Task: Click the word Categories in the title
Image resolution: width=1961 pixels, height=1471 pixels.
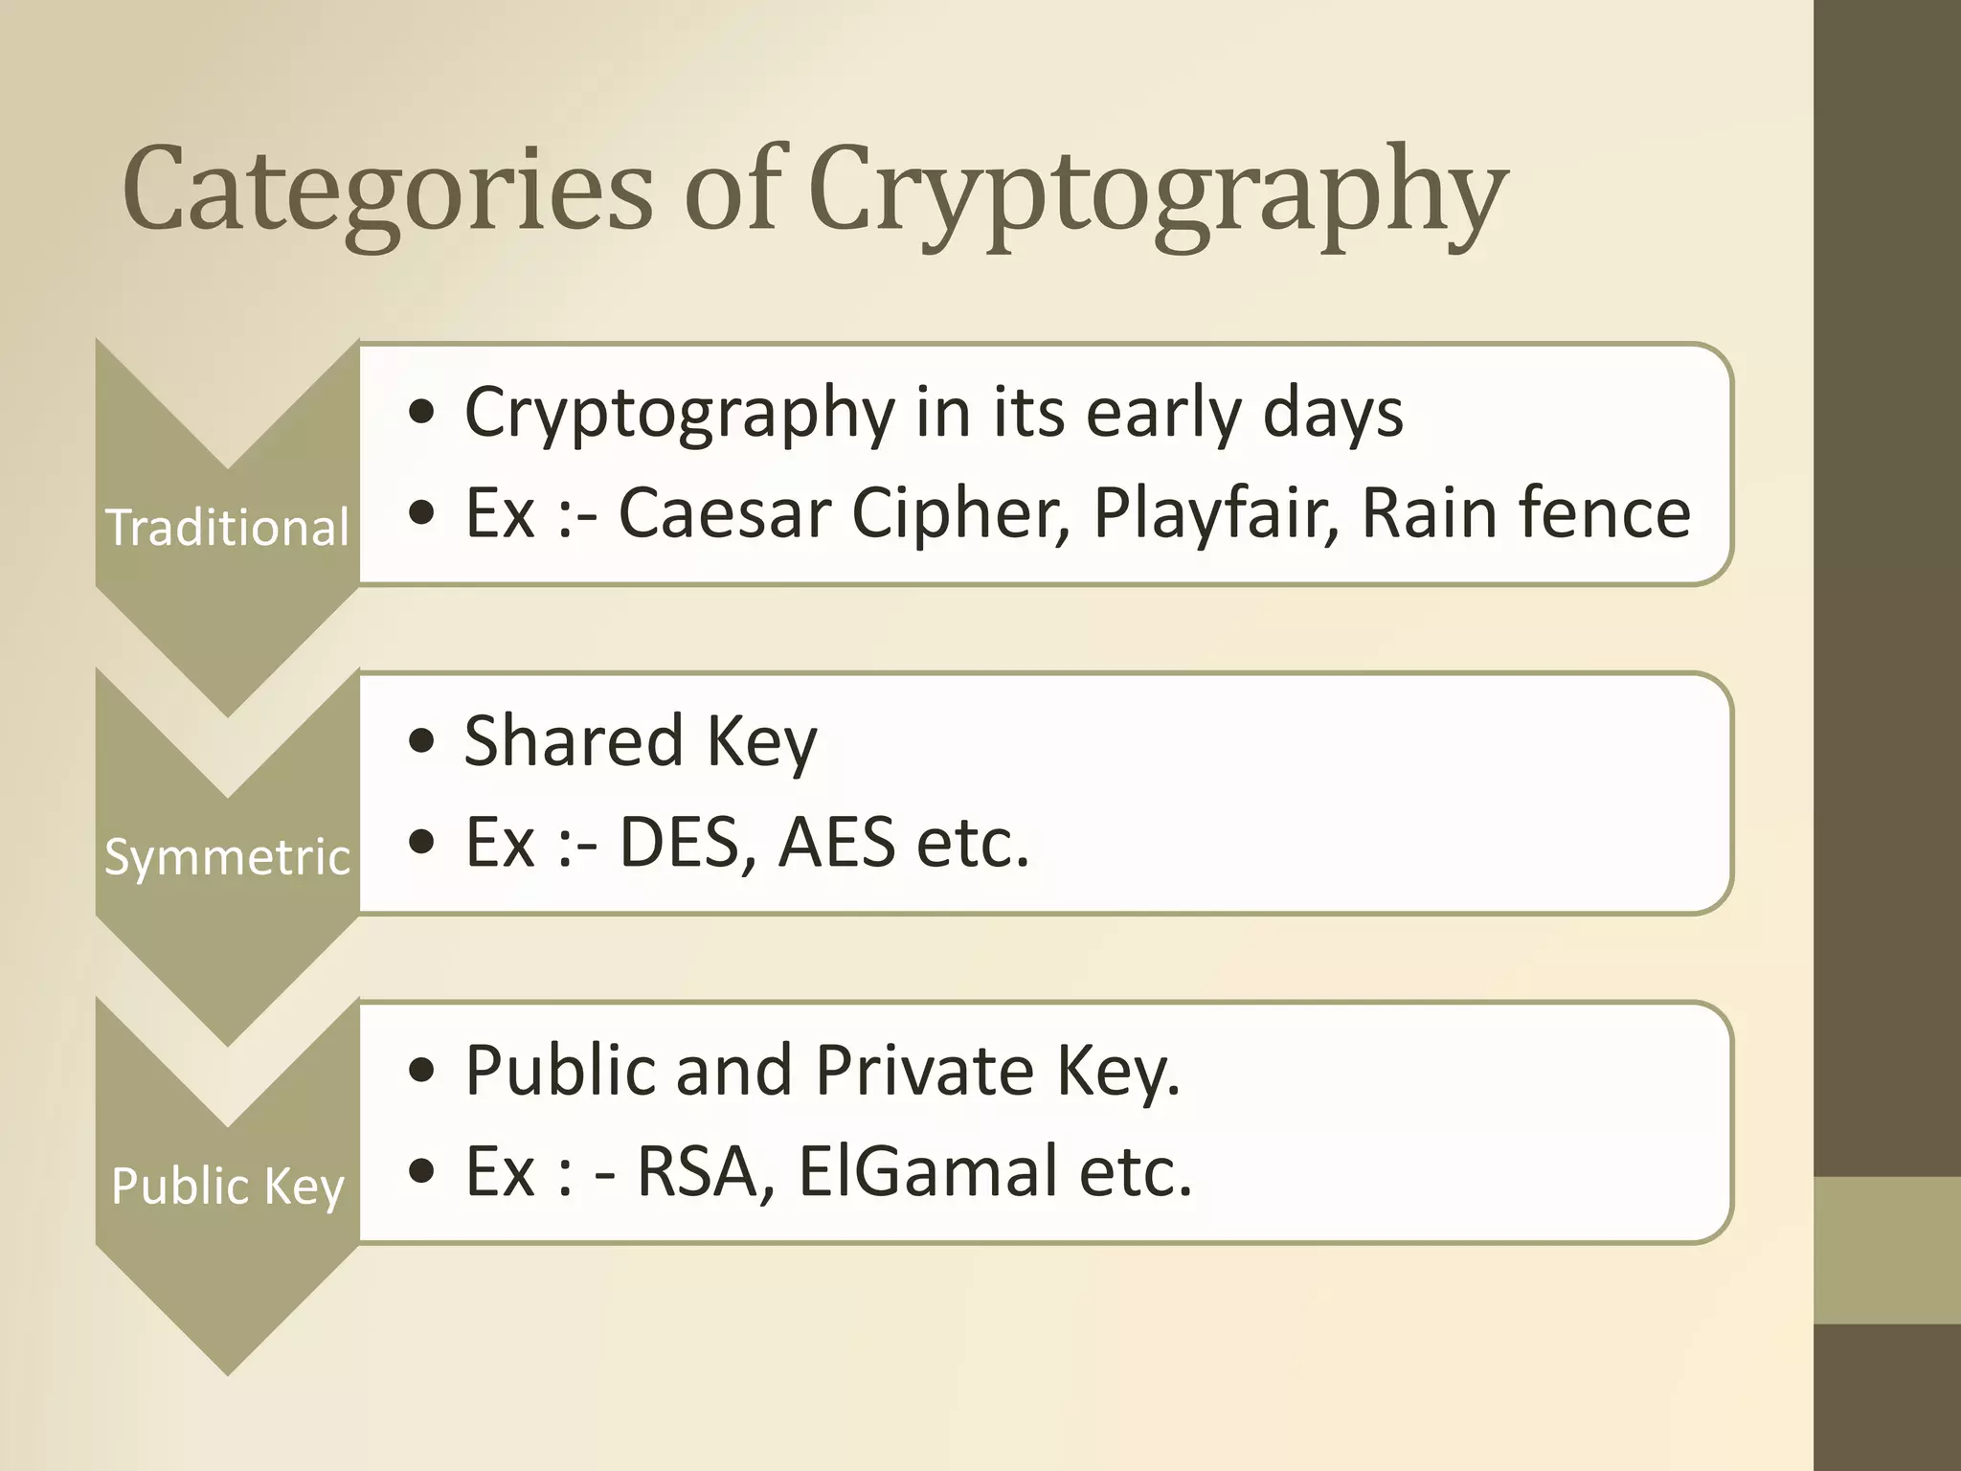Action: [387, 189]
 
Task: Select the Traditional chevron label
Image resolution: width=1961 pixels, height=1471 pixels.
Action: [227, 528]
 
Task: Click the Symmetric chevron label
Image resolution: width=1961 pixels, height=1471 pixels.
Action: [227, 856]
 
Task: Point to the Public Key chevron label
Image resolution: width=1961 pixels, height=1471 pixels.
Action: [227, 1186]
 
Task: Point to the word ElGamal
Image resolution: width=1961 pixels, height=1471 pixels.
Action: [927, 1171]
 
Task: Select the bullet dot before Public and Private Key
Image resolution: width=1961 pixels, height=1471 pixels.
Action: [420, 1072]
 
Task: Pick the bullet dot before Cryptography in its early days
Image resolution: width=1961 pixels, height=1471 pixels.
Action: [420, 415]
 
